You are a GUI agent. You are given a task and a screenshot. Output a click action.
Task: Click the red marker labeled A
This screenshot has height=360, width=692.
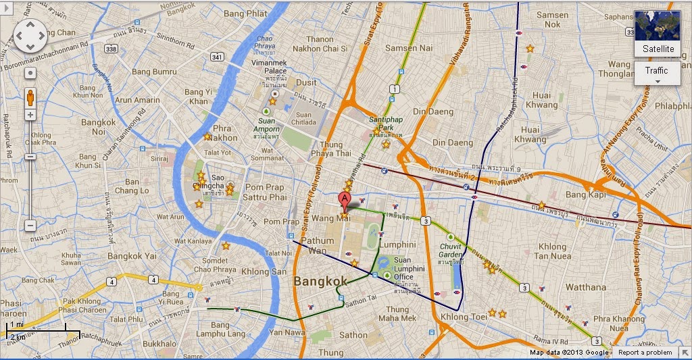[x=344, y=199]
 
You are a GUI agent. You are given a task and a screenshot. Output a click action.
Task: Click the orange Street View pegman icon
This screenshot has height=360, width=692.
[x=30, y=98]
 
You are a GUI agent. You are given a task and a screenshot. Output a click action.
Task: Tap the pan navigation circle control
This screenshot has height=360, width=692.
[x=30, y=35]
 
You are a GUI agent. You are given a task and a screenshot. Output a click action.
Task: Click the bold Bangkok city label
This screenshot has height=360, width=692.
[x=320, y=281]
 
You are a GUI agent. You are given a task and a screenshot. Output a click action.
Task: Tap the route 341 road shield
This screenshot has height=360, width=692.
[x=216, y=57]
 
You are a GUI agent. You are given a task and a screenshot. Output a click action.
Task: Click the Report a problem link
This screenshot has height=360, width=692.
[x=645, y=353]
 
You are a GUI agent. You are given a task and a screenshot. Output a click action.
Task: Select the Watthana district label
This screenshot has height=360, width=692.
[x=586, y=287]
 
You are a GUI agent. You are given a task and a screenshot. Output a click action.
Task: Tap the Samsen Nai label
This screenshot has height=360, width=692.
[x=409, y=48]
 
